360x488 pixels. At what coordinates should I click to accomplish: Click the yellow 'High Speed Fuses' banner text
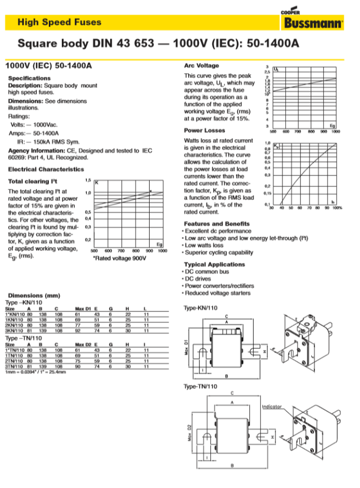coord(59,22)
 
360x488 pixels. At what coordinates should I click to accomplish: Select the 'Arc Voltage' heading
coord(201,66)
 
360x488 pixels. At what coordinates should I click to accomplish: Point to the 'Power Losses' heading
coord(204,131)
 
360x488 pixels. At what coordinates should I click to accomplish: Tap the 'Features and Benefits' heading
coord(217,224)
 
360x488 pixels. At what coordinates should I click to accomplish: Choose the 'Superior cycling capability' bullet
coord(218,252)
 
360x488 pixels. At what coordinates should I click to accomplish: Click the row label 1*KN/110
coord(14,314)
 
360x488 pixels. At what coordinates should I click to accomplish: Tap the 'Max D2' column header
coord(82,344)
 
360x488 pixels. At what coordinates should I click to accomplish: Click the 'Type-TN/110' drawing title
coord(201,386)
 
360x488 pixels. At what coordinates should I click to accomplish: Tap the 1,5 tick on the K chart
coord(88,180)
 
